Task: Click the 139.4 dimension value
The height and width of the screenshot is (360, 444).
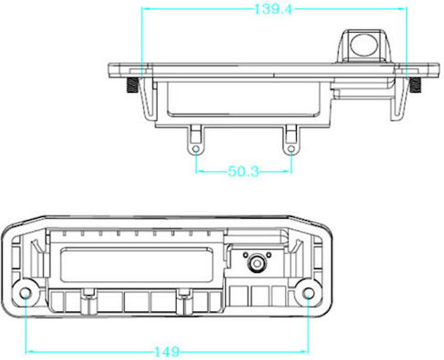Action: (273, 9)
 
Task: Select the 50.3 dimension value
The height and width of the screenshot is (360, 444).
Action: (243, 171)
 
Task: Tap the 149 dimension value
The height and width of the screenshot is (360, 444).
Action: (167, 352)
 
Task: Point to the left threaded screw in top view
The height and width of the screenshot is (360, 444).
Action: (132, 85)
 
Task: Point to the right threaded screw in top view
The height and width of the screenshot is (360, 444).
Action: (415, 85)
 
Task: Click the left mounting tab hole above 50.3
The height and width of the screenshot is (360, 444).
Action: (196, 149)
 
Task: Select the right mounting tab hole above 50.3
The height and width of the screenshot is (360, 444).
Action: (291, 149)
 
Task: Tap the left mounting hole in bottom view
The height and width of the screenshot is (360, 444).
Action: (25, 293)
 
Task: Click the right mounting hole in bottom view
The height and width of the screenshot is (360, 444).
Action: (308, 293)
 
